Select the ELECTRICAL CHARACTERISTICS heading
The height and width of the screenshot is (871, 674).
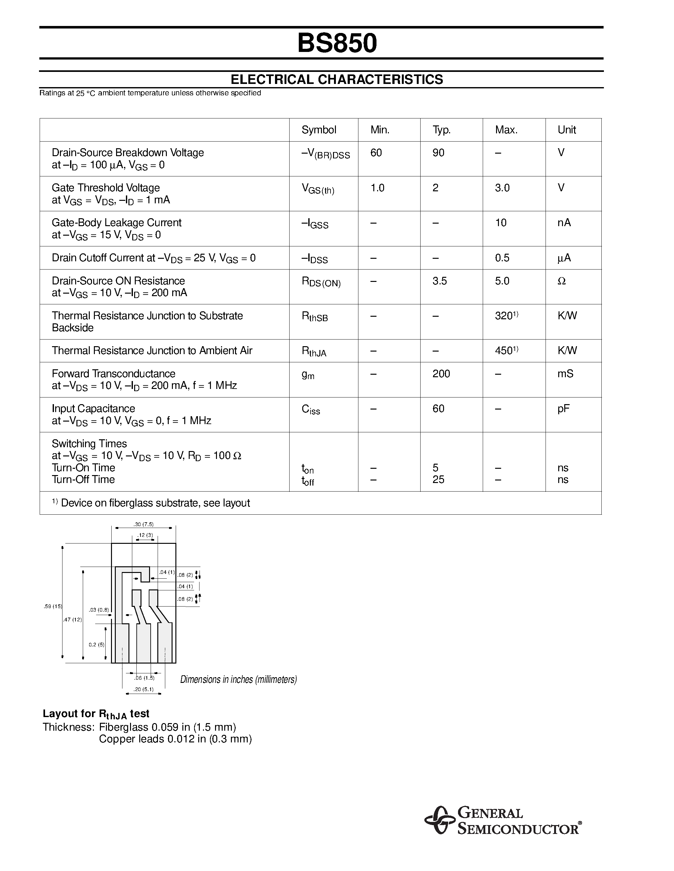click(x=337, y=79)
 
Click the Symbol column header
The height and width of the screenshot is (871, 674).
click(x=319, y=130)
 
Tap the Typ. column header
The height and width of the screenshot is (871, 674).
click(x=441, y=130)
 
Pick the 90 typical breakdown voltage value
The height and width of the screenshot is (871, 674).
click(x=438, y=153)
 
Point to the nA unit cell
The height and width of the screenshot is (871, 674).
click(x=564, y=223)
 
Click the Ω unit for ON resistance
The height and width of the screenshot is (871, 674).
click(x=561, y=281)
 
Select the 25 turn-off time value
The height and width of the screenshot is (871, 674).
click(x=438, y=480)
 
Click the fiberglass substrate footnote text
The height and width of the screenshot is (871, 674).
click(x=151, y=503)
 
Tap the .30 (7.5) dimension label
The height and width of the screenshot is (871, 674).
click(x=143, y=525)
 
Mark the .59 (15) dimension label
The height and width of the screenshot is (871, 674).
click(x=53, y=606)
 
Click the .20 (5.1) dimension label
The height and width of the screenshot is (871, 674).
click(x=143, y=689)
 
